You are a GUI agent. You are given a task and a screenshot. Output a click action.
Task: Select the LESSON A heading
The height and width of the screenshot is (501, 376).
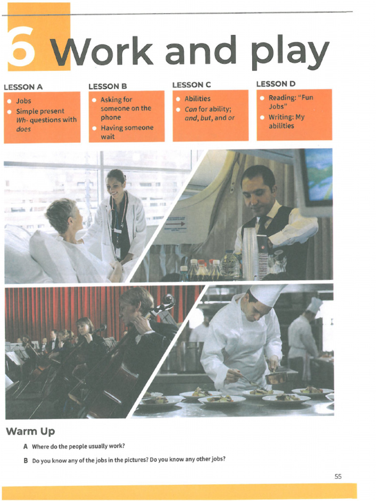[23, 87]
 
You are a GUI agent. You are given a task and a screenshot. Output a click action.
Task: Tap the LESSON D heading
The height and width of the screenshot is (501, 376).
[276, 84]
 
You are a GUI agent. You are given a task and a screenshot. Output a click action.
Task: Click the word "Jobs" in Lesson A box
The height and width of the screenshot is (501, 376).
[23, 101]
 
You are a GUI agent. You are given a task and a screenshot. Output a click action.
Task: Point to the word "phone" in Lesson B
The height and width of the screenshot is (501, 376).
[111, 117]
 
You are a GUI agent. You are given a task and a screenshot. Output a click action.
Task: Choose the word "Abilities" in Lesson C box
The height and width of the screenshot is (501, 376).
[197, 99]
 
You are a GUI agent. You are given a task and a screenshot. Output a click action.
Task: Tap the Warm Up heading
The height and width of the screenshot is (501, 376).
[30, 431]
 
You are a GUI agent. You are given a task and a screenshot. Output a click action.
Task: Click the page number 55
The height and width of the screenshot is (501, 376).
[338, 476]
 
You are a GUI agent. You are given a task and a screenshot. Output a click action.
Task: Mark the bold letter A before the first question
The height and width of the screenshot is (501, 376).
[25, 446]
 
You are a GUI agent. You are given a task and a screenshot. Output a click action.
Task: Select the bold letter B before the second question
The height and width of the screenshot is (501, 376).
[25, 460]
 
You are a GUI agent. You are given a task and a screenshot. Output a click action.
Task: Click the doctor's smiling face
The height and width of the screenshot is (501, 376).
[115, 185]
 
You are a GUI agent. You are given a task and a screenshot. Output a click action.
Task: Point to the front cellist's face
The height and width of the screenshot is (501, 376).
[128, 310]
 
